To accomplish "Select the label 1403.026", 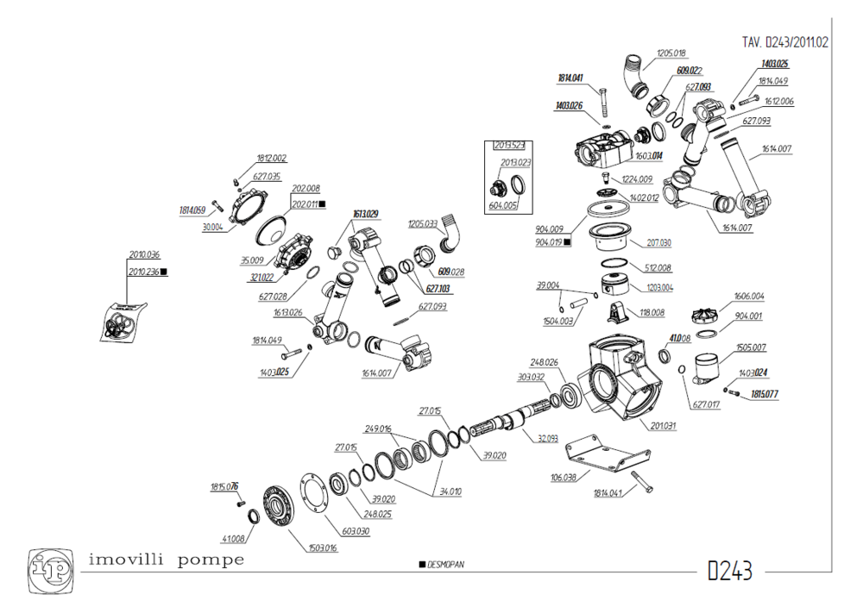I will [569, 106].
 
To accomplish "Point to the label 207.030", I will [658, 243].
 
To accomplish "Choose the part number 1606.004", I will [748, 296].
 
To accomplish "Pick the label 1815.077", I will [765, 394].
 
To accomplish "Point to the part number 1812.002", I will [272, 159].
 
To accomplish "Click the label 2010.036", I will [144, 255].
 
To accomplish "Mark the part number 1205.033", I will [424, 223].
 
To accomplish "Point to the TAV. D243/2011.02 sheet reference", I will [784, 41].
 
